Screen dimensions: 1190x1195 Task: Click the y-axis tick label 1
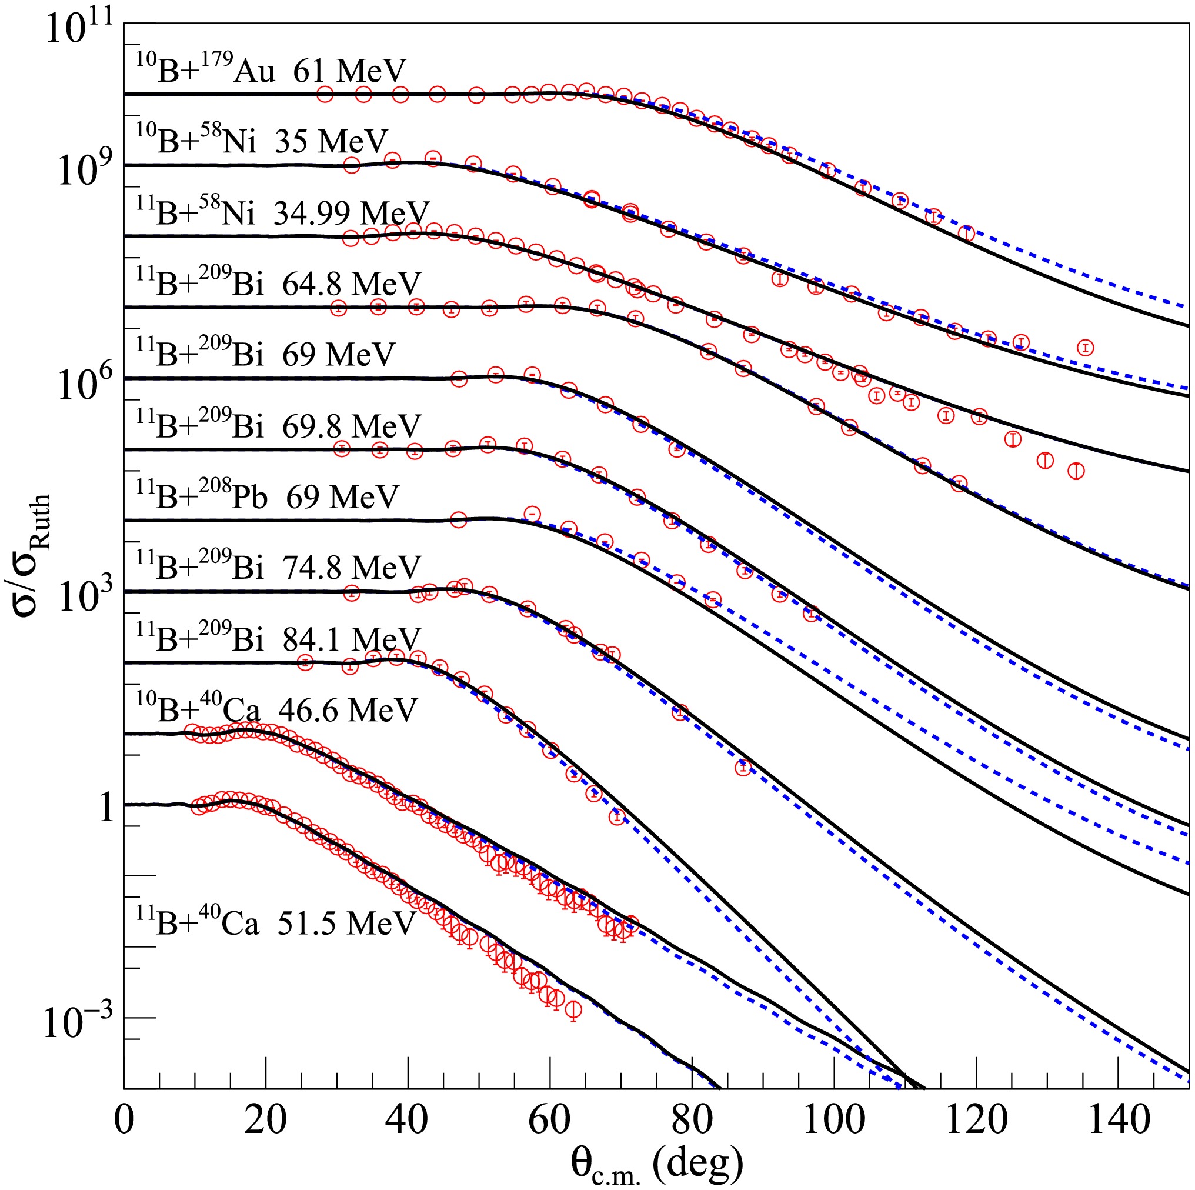pos(107,808)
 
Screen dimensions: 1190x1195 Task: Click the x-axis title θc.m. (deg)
pos(656,1164)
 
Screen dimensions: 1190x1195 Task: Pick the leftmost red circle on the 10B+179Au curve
pos(325,95)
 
